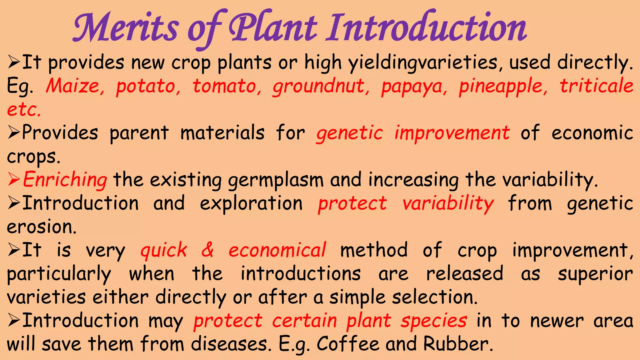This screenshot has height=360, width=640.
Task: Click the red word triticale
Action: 596,86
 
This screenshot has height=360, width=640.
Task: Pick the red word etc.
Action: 24,110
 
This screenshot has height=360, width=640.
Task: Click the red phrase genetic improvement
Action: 413,133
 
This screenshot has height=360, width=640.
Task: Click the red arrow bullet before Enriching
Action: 14,180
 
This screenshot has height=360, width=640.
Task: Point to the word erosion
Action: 41,227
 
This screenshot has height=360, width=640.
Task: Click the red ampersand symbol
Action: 207,250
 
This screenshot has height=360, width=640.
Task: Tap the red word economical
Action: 277,250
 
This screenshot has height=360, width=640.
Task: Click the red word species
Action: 434,321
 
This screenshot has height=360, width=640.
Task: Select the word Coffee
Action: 348,344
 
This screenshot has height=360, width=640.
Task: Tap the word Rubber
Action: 458,344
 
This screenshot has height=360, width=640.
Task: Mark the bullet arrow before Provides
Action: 14,133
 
